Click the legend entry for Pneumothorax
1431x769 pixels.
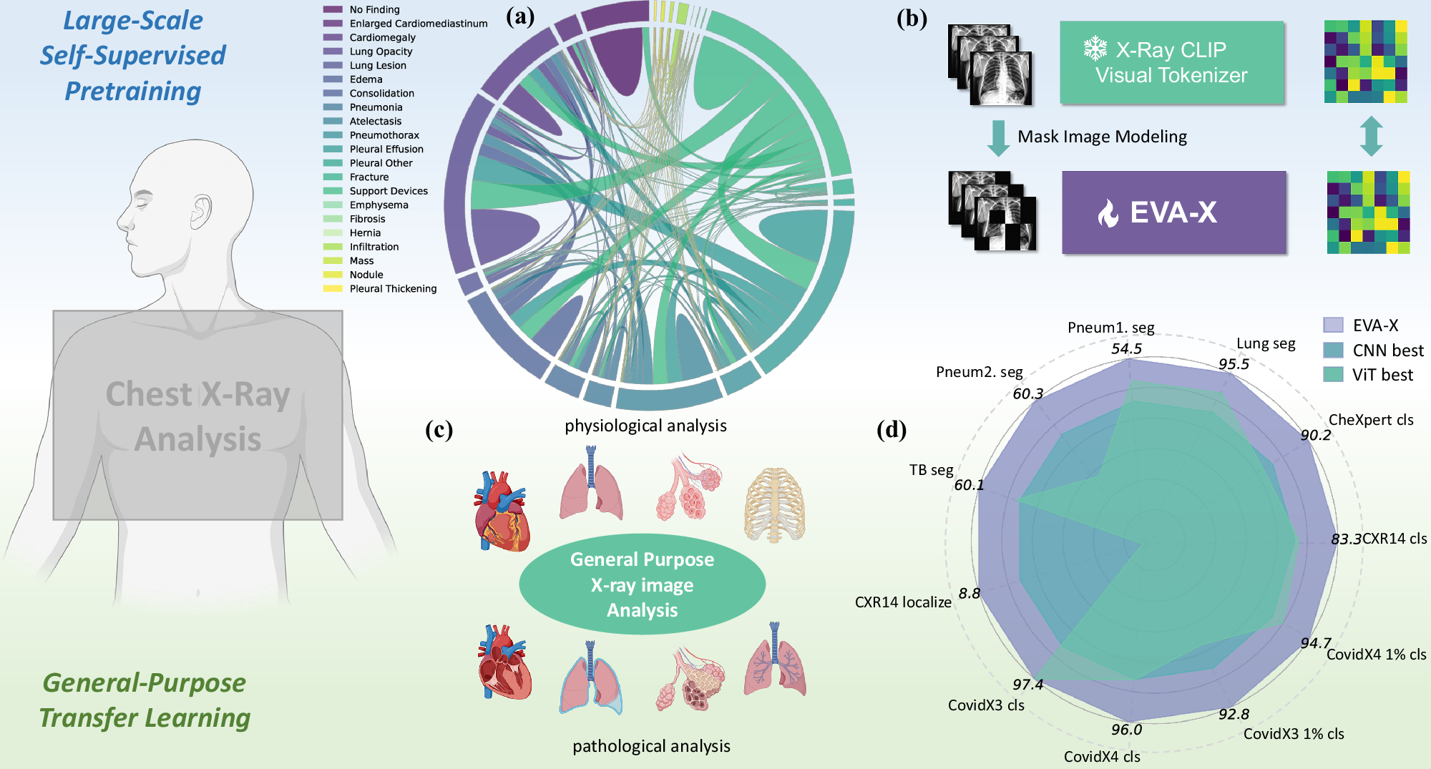[x=384, y=135]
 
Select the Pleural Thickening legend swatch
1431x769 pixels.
[x=333, y=289]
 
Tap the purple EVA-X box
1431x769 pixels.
[x=1173, y=212]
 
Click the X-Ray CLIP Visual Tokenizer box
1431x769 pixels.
[x=1171, y=62]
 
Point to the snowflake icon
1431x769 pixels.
[x=1095, y=49]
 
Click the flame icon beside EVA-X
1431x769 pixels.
[x=1108, y=213]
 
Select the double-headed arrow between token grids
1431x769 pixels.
[x=1370, y=136]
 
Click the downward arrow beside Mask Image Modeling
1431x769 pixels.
[x=997, y=137]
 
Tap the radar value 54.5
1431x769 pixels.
[x=1126, y=349]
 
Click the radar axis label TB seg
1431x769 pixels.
[x=931, y=470]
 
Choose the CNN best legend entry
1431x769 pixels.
[x=1387, y=351]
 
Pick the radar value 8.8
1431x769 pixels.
[x=970, y=593]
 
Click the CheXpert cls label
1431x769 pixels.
[x=1371, y=420]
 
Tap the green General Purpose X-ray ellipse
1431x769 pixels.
[x=642, y=584]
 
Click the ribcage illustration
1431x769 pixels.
[x=775, y=504]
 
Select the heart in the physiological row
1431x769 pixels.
[x=502, y=510]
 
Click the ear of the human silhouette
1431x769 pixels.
[x=202, y=212]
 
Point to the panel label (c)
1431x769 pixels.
[x=439, y=429]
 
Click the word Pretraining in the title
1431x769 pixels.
[x=133, y=92]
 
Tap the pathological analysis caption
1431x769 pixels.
[x=651, y=746]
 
